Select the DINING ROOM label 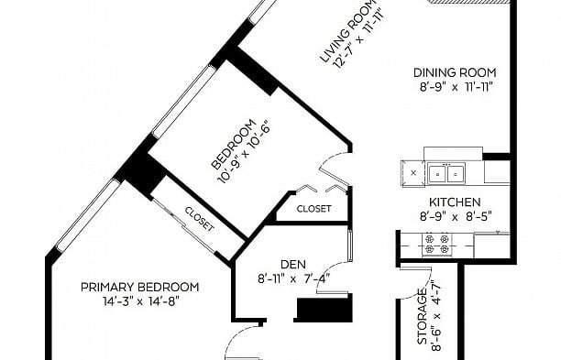455,72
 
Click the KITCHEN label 455,202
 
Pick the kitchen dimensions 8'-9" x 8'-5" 455,218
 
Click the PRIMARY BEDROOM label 139,287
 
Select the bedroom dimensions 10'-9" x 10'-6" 246,152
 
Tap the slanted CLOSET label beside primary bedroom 199,220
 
